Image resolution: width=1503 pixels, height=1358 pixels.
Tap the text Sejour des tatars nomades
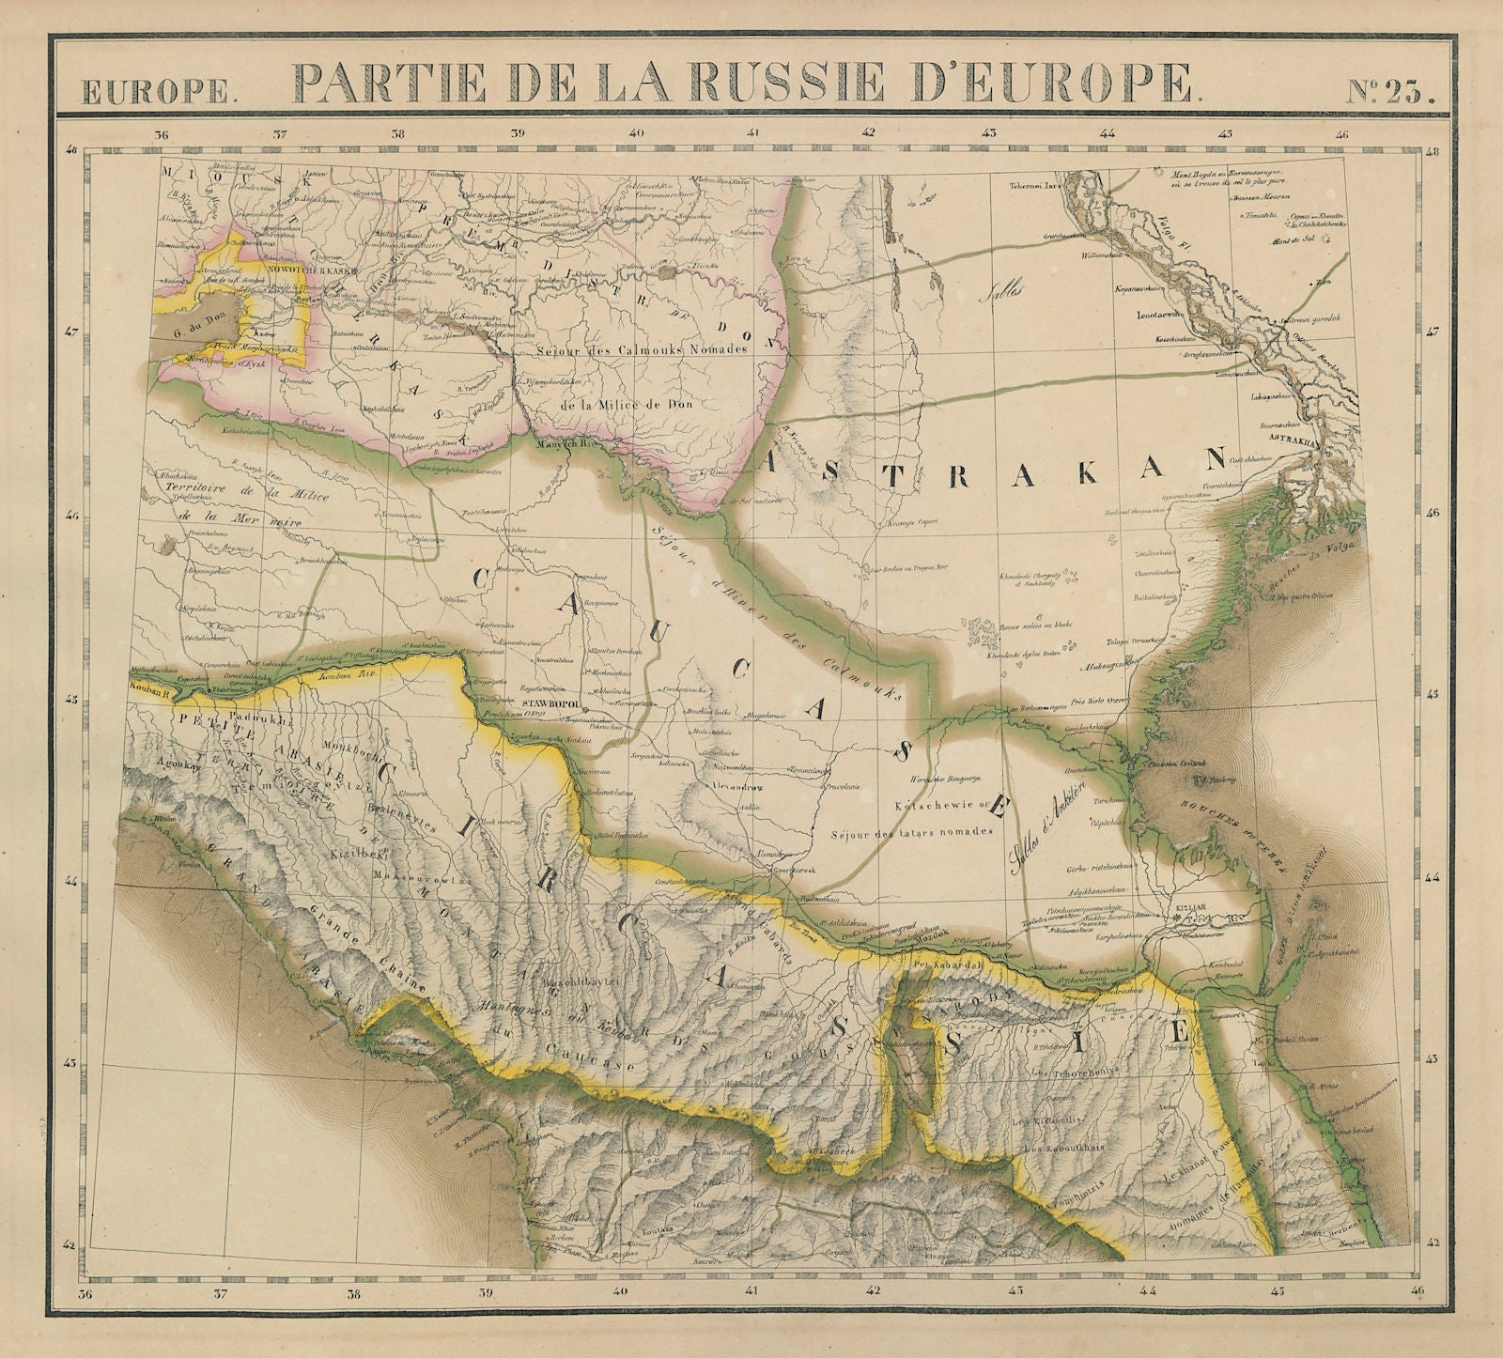(911, 833)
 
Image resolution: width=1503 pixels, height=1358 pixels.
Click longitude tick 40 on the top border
(637, 133)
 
